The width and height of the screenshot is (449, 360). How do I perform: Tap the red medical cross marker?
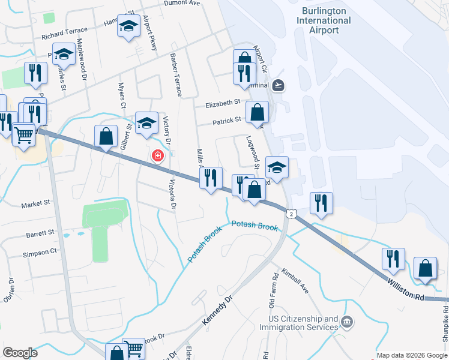click(157, 156)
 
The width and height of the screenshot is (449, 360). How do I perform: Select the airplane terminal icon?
click(277, 85)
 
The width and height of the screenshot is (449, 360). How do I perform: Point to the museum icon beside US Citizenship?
click(347, 323)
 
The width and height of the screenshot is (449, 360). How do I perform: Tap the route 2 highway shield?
click(291, 213)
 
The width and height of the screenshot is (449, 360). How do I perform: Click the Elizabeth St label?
click(223, 104)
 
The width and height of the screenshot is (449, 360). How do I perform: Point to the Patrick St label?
click(228, 122)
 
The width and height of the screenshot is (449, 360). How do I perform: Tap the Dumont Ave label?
click(182, 3)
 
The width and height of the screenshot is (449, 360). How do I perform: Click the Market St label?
click(35, 204)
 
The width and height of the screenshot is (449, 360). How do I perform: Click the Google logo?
click(20, 353)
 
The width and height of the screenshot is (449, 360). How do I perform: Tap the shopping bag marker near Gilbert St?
click(106, 136)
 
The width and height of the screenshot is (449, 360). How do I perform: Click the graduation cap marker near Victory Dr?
click(146, 122)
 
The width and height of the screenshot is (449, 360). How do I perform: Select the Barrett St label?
click(40, 232)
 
